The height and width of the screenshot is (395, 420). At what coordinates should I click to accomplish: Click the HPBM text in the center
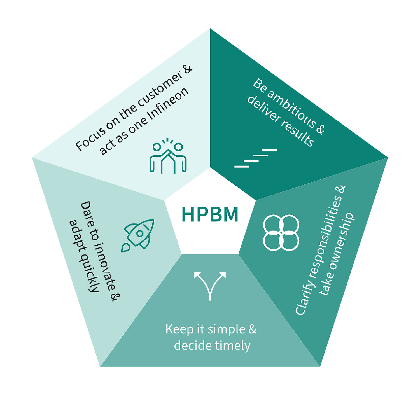pos(210,215)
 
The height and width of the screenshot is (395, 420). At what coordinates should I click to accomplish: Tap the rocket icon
pos(138,235)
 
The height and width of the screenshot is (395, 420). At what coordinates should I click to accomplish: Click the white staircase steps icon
pos(256,158)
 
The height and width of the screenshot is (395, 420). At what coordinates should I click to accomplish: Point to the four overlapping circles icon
pos(281,232)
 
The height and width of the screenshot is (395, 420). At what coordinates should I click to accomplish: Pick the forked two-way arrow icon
pos(210,285)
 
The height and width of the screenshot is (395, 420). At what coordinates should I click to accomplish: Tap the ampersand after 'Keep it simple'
pos(252,329)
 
